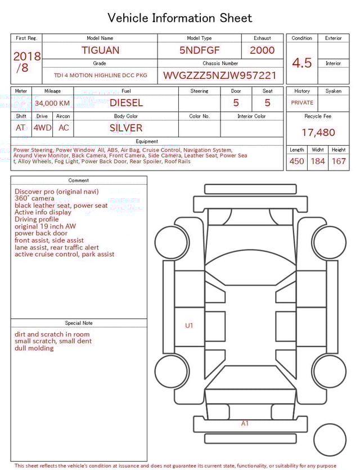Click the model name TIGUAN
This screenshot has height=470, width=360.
tap(101, 50)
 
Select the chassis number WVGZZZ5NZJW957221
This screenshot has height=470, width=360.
tap(220, 75)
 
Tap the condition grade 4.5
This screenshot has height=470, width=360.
tap(301, 63)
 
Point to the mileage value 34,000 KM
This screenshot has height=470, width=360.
tap(52, 103)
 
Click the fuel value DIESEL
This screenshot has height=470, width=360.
tap(126, 103)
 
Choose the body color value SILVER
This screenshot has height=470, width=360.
tap(126, 128)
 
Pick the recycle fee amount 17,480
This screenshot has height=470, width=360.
tap(318, 133)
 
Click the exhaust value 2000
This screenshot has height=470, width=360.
tap(262, 50)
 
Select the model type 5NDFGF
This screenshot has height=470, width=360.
tap(199, 50)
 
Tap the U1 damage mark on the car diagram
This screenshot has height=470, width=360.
tap(190, 325)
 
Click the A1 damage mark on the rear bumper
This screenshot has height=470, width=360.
tap(245, 423)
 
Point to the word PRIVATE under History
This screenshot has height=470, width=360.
tap(302, 103)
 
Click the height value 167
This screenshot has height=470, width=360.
tap(339, 162)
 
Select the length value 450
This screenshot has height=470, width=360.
tap(296, 162)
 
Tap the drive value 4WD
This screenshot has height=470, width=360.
tap(42, 128)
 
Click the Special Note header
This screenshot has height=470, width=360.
tap(79, 323)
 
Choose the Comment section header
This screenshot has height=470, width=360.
tap(79, 181)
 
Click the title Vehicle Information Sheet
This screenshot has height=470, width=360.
tap(180, 18)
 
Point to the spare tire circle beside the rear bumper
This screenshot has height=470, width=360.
tap(330, 439)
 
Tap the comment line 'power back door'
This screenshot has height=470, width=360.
tap(41, 233)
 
